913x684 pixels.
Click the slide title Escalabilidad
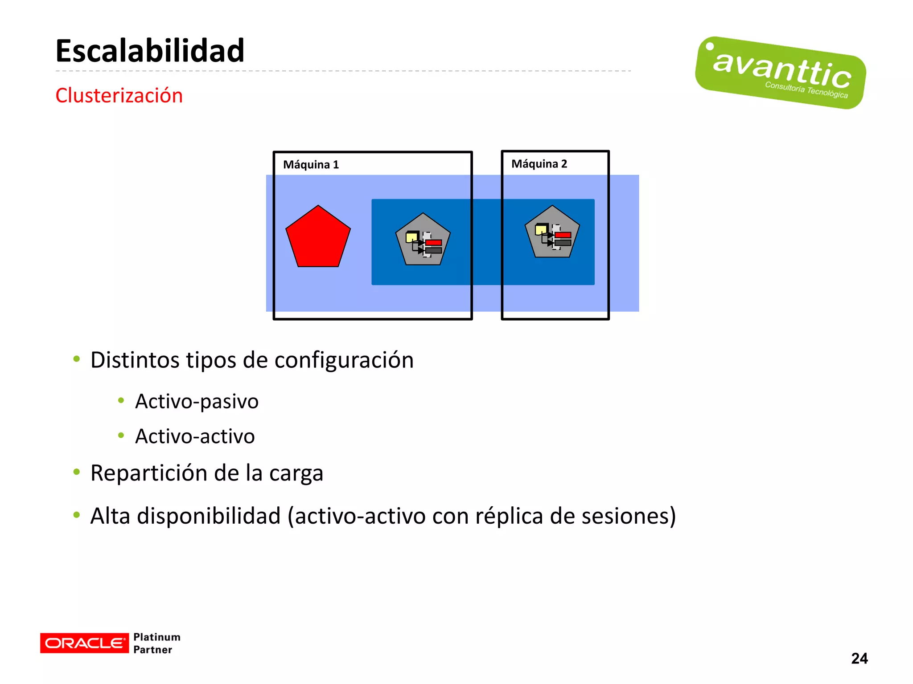[x=150, y=51]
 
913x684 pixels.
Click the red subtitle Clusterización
[x=119, y=95]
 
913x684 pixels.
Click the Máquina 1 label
[x=311, y=165]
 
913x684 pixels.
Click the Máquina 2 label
[x=539, y=164]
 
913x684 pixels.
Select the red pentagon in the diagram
[x=318, y=238]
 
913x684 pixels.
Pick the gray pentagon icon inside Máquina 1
[x=423, y=240]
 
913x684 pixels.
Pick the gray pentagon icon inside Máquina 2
[x=552, y=232]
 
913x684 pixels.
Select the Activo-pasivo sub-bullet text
[x=197, y=401]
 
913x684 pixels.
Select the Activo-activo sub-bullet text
[x=195, y=436]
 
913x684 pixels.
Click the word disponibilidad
[x=209, y=516]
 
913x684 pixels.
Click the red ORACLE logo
[x=84, y=643]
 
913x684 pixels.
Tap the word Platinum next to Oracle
[x=157, y=637]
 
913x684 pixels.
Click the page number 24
[x=859, y=658]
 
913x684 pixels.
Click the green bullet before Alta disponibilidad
[x=77, y=515]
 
